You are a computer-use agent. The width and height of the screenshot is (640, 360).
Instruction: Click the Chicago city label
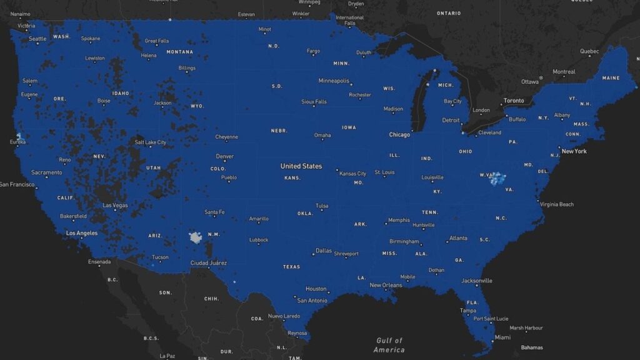(x=399, y=134)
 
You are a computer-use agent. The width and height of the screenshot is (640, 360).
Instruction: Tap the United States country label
(x=301, y=166)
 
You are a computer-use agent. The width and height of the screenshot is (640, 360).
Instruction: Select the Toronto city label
(x=514, y=101)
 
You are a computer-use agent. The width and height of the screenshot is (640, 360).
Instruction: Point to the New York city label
(x=574, y=151)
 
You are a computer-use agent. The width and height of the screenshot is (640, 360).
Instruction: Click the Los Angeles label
(x=82, y=233)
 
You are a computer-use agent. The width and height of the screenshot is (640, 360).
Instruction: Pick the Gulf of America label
(x=389, y=345)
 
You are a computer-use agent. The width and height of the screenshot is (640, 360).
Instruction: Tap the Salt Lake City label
(x=151, y=142)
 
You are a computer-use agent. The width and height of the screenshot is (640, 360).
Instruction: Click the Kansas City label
(x=352, y=174)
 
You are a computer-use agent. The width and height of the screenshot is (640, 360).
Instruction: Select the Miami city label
(x=502, y=337)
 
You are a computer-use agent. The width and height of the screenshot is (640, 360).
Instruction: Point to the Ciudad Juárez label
(x=209, y=262)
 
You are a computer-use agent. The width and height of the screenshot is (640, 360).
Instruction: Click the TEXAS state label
(x=291, y=266)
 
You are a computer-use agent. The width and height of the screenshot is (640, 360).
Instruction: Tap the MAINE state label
(x=611, y=78)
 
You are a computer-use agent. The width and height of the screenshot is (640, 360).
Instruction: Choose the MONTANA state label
(x=180, y=52)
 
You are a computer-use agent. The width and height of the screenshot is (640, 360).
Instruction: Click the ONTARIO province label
(x=449, y=13)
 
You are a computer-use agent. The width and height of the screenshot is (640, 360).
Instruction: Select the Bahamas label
(x=532, y=347)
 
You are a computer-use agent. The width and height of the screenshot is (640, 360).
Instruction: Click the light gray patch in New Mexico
(x=196, y=237)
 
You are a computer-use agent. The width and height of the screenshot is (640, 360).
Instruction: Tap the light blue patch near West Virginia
(x=497, y=180)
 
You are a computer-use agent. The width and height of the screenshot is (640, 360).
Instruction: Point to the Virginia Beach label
(x=557, y=204)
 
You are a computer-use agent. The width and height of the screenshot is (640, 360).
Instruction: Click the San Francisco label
(x=17, y=184)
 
